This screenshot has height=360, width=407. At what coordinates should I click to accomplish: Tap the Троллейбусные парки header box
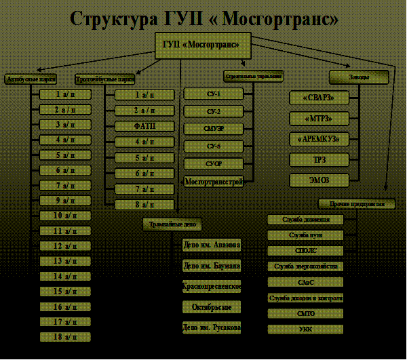pos(100,79)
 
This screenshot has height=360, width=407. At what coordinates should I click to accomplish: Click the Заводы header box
pos(359,77)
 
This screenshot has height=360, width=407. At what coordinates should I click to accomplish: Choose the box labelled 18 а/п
pos(65,336)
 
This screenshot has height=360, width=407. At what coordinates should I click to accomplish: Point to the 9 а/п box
pos(65,200)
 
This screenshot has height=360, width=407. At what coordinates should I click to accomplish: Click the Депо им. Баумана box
pos(212,265)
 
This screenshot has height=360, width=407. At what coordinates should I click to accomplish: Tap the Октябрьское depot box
pos(212,306)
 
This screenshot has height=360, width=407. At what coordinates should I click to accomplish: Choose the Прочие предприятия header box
pos(357,203)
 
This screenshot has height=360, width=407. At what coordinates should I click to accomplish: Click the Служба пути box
pos(305,235)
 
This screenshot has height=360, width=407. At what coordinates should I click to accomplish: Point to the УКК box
pos(305,329)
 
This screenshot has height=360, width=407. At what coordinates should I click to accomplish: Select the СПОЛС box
pos(305,251)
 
